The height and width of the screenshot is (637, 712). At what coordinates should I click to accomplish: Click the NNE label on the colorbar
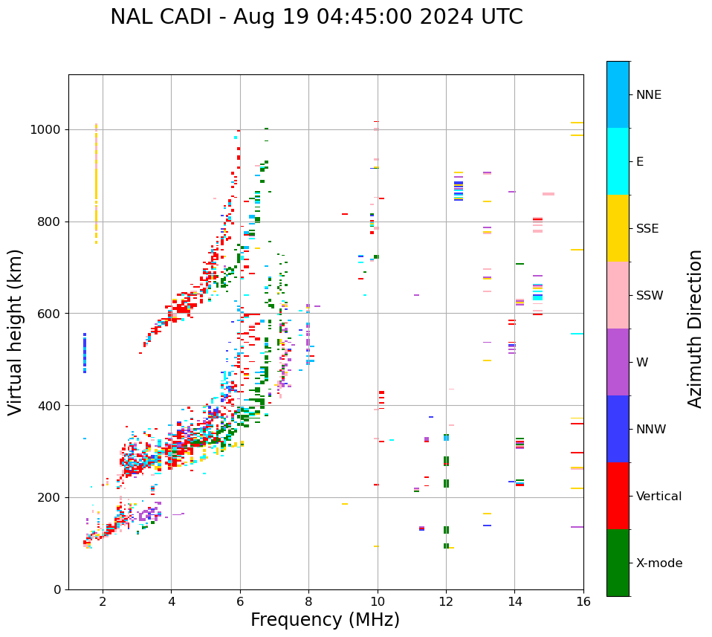click(648, 95)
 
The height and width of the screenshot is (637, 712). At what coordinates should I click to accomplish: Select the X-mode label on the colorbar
click(658, 563)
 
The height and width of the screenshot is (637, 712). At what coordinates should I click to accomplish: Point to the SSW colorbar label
click(650, 296)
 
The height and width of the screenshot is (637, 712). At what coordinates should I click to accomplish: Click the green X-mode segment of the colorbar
click(618, 563)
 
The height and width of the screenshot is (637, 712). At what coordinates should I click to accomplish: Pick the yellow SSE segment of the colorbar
click(618, 228)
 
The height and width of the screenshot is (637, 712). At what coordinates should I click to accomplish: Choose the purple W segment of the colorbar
click(618, 362)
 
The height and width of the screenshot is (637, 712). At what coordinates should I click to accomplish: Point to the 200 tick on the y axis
click(52, 497)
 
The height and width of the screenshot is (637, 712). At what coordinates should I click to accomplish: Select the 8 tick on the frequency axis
click(308, 601)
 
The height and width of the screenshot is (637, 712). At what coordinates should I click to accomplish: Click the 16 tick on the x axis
click(583, 601)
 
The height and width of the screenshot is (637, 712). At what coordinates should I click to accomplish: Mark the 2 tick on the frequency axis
click(103, 601)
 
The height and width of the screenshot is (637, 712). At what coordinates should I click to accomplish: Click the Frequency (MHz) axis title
click(325, 620)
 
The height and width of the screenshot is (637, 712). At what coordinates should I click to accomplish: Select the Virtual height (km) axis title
click(16, 332)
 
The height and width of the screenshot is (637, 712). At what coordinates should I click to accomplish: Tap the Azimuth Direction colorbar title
click(695, 329)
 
